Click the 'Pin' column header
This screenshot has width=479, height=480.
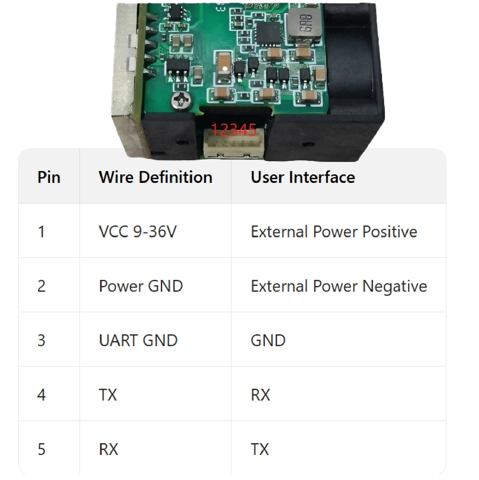[49, 177]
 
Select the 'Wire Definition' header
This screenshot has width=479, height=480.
[156, 177]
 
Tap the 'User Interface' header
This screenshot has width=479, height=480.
[303, 177]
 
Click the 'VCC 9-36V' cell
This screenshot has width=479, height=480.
[138, 232]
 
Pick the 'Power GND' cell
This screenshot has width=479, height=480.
[141, 286]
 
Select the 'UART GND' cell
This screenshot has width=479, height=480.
[138, 340]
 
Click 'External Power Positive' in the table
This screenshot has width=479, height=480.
[334, 232]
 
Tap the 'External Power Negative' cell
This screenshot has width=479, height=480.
[339, 286]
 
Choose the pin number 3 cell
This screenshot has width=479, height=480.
[41, 340]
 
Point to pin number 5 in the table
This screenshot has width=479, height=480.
[41, 449]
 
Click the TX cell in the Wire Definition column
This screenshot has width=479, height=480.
[108, 395]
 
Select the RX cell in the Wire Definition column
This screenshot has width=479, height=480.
[108, 449]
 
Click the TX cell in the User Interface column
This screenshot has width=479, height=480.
[260, 449]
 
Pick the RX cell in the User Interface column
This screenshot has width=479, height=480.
[260, 395]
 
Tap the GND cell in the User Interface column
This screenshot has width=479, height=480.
[268, 340]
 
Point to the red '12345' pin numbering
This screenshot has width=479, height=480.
[233, 130]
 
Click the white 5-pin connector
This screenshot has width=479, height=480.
[234, 143]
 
